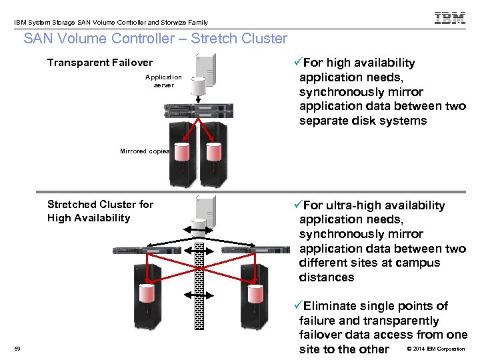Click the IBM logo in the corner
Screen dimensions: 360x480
[x=450, y=18]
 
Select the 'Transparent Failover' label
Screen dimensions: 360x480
[x=100, y=63]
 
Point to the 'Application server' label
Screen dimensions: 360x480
[x=163, y=81]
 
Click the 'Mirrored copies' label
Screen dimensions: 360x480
[x=145, y=151]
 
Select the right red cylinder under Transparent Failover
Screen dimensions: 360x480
[x=215, y=152]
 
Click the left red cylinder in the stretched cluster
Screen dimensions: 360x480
[x=147, y=294]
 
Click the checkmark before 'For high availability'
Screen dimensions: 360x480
[x=297, y=63]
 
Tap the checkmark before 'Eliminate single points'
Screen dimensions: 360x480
[x=297, y=306]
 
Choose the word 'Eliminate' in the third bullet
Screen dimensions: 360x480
[x=330, y=306]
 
